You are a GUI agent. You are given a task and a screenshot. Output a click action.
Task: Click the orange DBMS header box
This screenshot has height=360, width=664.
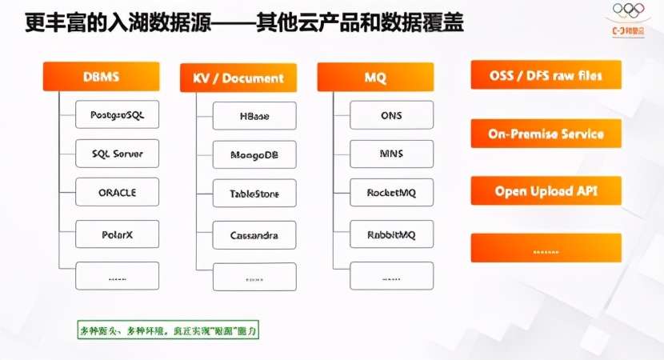[x=101, y=77]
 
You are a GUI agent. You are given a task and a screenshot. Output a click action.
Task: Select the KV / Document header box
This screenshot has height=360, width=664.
[x=238, y=78]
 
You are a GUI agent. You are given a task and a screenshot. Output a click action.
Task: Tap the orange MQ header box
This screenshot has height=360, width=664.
[x=375, y=78]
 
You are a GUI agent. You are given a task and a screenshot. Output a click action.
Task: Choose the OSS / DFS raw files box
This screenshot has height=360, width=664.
[x=546, y=76]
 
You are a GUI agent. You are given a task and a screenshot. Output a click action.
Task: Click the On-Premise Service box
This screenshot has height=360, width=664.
[x=546, y=134]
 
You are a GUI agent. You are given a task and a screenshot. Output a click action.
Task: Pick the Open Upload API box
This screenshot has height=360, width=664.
[x=546, y=191]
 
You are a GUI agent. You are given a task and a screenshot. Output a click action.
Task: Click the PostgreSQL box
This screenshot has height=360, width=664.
[x=117, y=114]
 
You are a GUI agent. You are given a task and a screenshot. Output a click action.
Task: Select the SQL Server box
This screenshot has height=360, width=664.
[x=117, y=154]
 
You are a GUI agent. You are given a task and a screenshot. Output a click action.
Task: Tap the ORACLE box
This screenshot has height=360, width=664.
[x=117, y=193]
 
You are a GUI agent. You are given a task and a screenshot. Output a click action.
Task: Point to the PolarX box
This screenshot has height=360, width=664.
[x=117, y=234]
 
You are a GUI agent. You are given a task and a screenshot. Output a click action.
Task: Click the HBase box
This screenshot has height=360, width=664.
[x=254, y=116]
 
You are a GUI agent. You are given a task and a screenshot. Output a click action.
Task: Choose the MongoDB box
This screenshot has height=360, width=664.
[x=254, y=154]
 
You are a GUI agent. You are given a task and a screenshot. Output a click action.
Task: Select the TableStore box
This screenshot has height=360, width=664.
[x=254, y=194]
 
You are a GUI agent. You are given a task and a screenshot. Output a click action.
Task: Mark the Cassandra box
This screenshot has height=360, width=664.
[x=254, y=235]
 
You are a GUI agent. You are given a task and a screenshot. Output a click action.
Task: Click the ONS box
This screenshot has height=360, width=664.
[x=392, y=115]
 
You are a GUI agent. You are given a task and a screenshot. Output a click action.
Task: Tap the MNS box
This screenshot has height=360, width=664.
[x=392, y=154]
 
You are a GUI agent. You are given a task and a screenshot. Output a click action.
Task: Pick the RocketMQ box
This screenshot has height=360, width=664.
[x=392, y=193]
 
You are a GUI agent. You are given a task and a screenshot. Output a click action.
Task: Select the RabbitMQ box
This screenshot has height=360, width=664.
[x=392, y=234]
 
